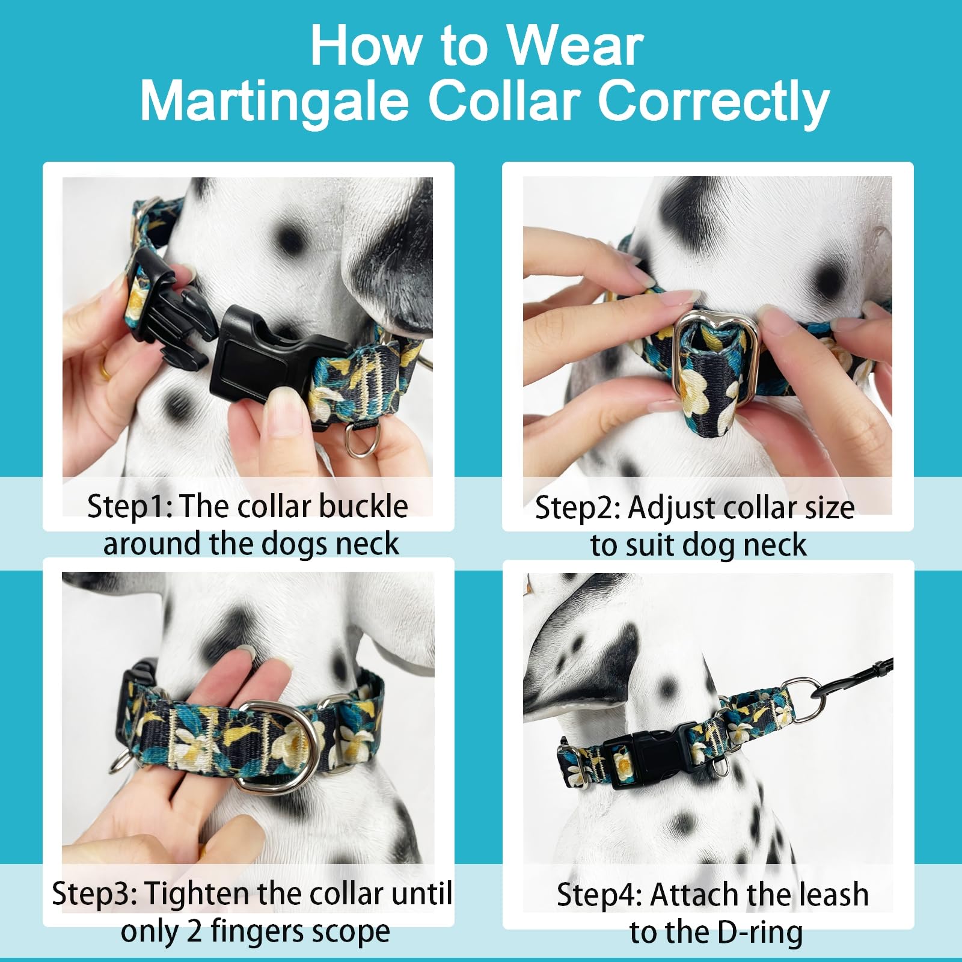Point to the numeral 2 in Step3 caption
(x=194, y=931)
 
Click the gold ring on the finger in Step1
(x=105, y=367)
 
